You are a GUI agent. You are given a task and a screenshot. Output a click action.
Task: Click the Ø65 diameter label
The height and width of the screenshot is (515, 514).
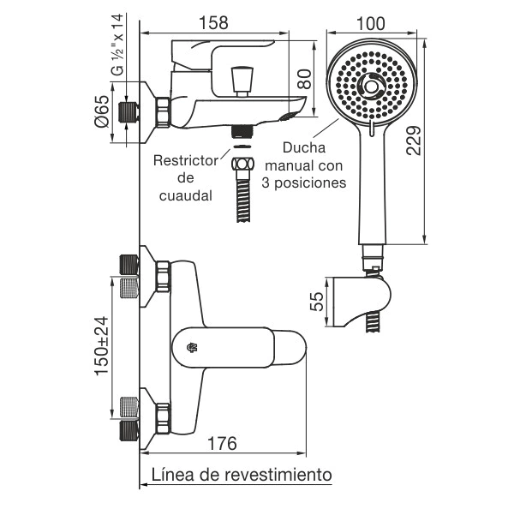point(101,112)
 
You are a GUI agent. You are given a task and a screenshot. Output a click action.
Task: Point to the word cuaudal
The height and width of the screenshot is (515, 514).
point(184,196)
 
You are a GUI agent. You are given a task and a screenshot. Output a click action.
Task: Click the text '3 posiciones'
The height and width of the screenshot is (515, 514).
point(304,183)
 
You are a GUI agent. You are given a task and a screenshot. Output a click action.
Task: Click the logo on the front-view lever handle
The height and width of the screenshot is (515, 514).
point(191,347)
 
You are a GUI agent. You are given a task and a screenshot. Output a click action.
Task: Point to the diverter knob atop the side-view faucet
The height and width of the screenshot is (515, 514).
point(241,80)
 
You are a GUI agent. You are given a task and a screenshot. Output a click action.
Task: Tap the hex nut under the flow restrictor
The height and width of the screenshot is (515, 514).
point(243,163)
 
